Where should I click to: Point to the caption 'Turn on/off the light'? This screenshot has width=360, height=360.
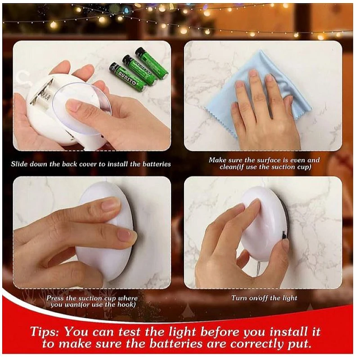[264, 298]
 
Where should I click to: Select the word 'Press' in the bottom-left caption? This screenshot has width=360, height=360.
[55, 298]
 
